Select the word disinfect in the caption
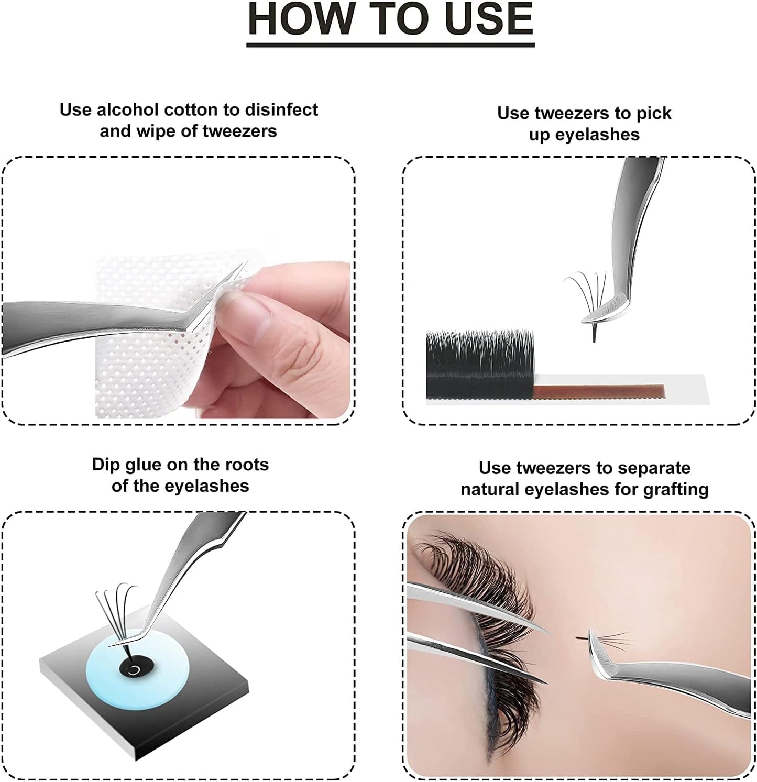(x=281, y=110)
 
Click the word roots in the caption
(x=246, y=465)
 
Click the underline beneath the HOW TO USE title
(x=390, y=45)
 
